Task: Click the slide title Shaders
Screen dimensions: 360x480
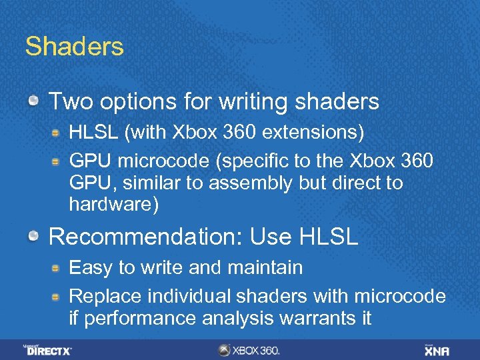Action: point(74,47)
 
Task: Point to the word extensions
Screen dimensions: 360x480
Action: point(313,133)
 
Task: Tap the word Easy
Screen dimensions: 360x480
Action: point(91,268)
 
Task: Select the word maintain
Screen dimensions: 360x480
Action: point(265,268)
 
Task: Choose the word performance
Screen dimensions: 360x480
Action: point(138,319)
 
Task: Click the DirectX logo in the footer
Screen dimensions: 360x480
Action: point(47,349)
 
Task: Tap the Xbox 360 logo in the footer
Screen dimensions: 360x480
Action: point(249,350)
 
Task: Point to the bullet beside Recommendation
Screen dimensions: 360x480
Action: point(33,235)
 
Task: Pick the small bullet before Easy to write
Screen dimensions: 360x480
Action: point(58,268)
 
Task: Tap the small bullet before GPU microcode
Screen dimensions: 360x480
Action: point(58,161)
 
